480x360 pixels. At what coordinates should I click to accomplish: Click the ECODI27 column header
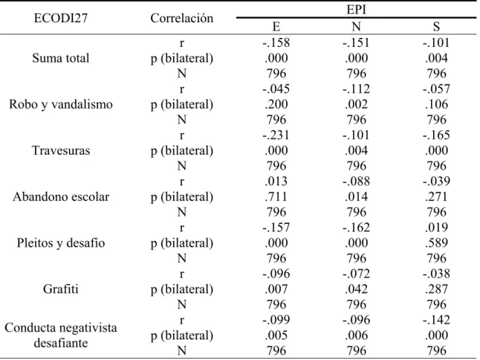pyautogui.click(x=61, y=18)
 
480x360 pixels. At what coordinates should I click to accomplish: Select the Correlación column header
pyautogui.click(x=182, y=18)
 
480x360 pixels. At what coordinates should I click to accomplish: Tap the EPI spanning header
pyautogui.click(x=356, y=10)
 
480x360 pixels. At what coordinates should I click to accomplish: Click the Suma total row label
pyautogui.click(x=61, y=58)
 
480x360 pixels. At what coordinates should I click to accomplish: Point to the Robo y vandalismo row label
pyautogui.click(x=61, y=104)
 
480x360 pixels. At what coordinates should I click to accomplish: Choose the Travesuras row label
pyautogui.click(x=61, y=150)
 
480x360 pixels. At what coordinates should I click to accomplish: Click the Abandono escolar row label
pyautogui.click(x=61, y=196)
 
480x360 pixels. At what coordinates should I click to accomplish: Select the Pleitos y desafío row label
pyautogui.click(x=61, y=243)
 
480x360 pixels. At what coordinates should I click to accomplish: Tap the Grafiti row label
pyautogui.click(x=61, y=289)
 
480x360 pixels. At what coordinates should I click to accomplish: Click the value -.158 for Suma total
pyautogui.click(x=276, y=42)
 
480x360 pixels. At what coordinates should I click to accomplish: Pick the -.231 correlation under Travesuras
pyautogui.click(x=276, y=135)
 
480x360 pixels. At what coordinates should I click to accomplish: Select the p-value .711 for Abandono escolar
pyautogui.click(x=276, y=196)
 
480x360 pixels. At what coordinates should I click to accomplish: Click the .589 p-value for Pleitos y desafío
pyautogui.click(x=436, y=243)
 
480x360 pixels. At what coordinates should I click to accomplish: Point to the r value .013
pyautogui.click(x=276, y=181)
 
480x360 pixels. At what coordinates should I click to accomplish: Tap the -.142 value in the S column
pyautogui.click(x=436, y=320)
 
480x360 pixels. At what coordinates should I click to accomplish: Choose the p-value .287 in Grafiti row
pyautogui.click(x=436, y=289)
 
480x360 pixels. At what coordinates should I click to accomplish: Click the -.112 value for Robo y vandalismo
pyautogui.click(x=356, y=89)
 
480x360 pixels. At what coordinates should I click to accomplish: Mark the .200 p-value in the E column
pyautogui.click(x=276, y=104)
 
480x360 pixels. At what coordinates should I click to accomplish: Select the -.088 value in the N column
pyautogui.click(x=356, y=181)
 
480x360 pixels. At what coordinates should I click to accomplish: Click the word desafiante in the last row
pyautogui.click(x=61, y=343)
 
